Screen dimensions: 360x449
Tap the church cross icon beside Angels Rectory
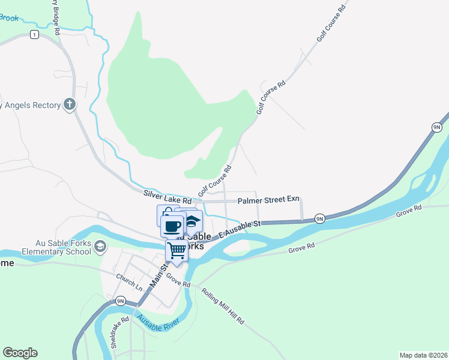[x=70, y=105]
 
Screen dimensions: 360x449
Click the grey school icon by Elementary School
[x=100, y=247]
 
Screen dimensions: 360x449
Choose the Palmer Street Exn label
[x=268, y=200]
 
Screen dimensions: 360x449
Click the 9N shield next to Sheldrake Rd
[x=120, y=301]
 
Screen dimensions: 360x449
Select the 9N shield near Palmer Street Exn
[x=320, y=218]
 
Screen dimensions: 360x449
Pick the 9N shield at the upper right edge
[x=436, y=127]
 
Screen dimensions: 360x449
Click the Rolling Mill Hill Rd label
[x=223, y=306]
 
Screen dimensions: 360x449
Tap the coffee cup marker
[x=172, y=227]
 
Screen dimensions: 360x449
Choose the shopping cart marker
[x=177, y=252]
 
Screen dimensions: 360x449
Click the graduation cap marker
[x=191, y=221]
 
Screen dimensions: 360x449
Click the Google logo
[x=20, y=353]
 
